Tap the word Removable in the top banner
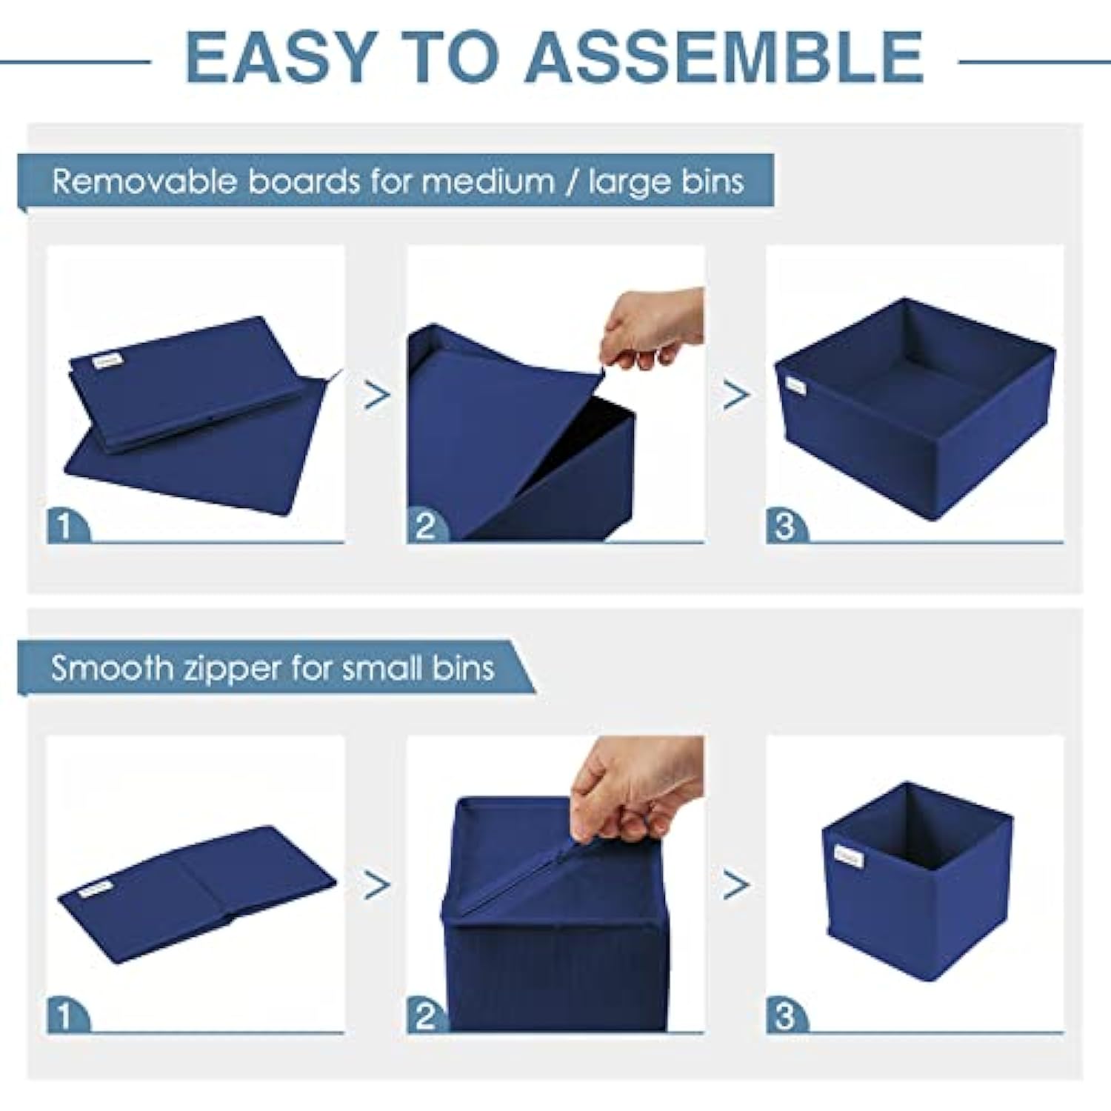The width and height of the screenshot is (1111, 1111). tap(144, 181)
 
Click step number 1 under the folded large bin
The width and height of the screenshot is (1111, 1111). tap(64, 527)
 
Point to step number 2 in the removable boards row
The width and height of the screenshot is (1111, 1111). tap(425, 527)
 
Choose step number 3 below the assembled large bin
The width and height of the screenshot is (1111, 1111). tap(784, 527)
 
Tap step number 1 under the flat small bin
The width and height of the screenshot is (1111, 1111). tap(64, 1015)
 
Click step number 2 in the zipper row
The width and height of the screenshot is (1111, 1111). tap(425, 1015)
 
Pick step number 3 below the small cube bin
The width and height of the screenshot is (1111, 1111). tap(784, 1015)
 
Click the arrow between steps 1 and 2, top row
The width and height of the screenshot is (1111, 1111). tap(377, 395)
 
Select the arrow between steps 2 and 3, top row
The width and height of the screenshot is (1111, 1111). tap(735, 395)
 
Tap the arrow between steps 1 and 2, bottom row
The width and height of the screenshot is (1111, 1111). tap(377, 884)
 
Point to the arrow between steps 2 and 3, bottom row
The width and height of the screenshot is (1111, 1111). tap(735, 884)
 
